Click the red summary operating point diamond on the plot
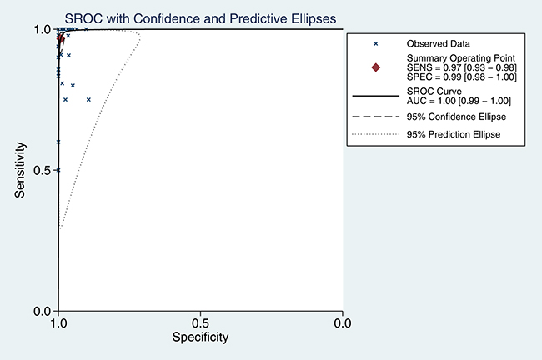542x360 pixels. (61, 38)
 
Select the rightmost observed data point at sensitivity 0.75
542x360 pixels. (88, 99)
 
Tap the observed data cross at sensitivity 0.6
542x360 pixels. (58, 142)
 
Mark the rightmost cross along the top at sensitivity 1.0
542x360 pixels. (86, 29)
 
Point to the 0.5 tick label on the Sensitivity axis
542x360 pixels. (43, 170)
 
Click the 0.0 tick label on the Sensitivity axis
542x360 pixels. (43, 312)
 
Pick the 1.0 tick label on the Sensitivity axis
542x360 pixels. (43, 29)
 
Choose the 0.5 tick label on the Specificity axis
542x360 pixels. (200, 323)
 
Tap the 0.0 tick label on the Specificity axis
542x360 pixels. (343, 323)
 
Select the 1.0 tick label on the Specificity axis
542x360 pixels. (58, 323)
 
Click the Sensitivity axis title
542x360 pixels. (20, 170)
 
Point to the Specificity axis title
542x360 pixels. (200, 337)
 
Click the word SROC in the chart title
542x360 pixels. (83, 18)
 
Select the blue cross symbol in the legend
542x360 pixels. (376, 44)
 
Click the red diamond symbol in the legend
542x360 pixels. (376, 67)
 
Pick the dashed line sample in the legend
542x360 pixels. (376, 117)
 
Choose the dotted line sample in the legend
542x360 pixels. (376, 134)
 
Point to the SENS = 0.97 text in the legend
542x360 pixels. (434, 67)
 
